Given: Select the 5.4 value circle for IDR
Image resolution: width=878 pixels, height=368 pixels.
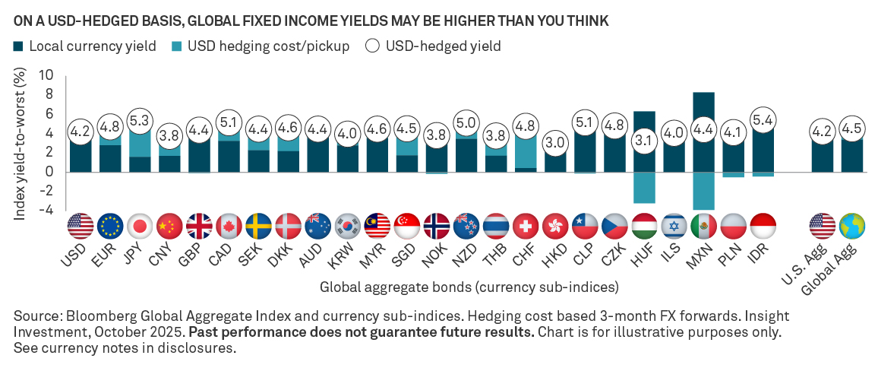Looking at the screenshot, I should point(762,119).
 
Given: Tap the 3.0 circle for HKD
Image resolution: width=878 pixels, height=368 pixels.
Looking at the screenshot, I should point(554,142).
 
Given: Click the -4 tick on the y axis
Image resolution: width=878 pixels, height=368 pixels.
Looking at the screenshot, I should point(48,210).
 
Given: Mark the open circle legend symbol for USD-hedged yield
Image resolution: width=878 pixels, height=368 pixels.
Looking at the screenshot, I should point(373,46).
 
